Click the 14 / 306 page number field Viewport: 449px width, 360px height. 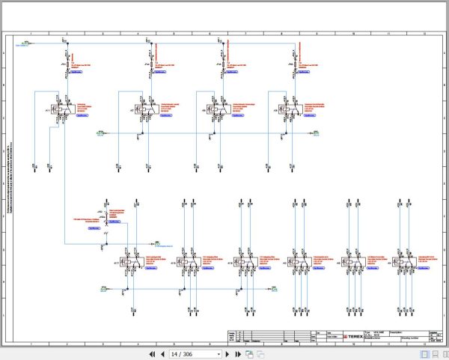(x=194, y=353)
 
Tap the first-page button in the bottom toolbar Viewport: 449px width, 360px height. (x=152, y=353)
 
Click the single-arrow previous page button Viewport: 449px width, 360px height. (x=162, y=353)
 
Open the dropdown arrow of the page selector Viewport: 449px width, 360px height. (x=219, y=353)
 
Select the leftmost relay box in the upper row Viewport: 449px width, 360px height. (x=57, y=110)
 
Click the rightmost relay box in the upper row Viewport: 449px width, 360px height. (x=285, y=110)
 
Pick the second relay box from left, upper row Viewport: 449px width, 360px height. (x=139, y=110)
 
